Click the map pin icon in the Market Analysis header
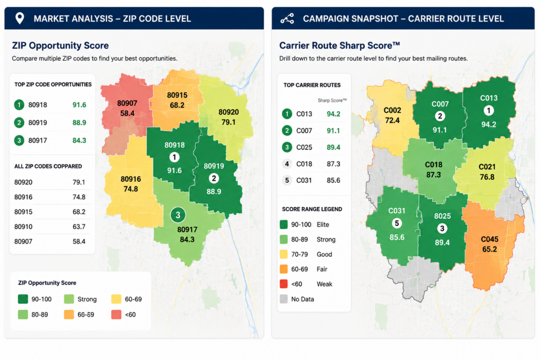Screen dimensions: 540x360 (20, 18)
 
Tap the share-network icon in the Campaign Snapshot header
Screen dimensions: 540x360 (287, 18)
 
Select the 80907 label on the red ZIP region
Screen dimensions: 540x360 (127, 103)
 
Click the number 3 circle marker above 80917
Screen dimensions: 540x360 (178, 215)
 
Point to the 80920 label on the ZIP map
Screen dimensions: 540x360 (228, 112)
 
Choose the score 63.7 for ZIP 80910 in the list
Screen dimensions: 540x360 (79, 227)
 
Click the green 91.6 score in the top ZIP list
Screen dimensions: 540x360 (79, 105)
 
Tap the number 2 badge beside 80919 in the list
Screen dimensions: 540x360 (19, 122)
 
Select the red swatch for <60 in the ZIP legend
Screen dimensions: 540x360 (116, 314)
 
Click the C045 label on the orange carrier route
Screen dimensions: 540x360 (489, 239)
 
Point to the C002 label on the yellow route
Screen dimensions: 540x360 (392, 111)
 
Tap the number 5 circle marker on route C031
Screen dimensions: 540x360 (397, 223)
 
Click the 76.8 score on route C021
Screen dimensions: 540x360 (487, 177)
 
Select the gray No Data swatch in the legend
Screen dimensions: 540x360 (284, 299)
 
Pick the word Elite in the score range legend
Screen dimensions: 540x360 (323, 225)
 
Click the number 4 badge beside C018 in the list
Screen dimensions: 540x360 (287, 164)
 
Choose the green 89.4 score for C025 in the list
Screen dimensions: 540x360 (333, 147)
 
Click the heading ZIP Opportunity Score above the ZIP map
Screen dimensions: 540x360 (60, 45)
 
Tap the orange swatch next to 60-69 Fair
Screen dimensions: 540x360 (284, 269)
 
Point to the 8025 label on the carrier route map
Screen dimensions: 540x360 (442, 216)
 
